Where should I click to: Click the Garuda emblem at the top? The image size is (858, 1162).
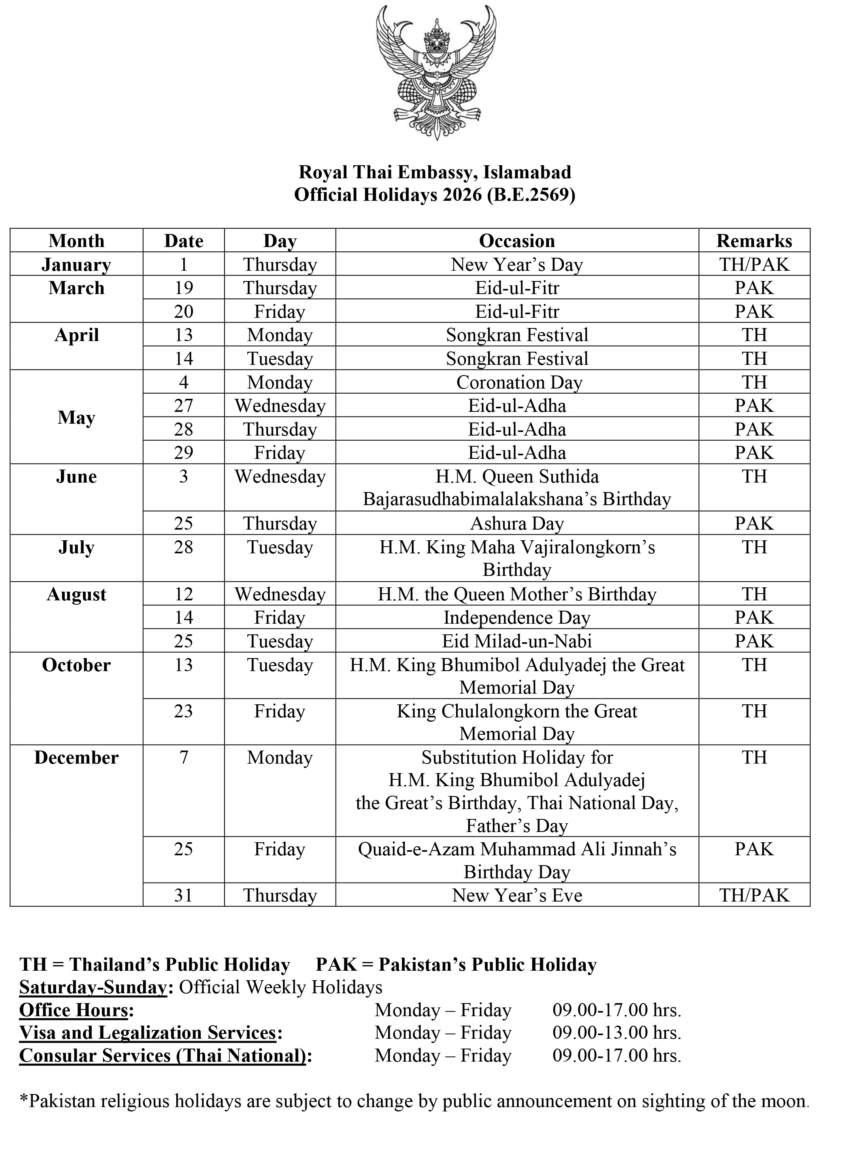(435, 73)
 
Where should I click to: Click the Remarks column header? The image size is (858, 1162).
(754, 241)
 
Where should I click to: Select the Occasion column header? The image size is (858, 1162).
(517, 241)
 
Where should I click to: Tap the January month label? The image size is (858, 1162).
(76, 264)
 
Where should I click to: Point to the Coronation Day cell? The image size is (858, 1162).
(519, 382)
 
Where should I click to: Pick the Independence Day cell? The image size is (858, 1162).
(517, 618)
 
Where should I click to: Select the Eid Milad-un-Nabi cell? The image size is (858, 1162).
(517, 641)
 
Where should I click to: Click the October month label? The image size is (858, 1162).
(76, 666)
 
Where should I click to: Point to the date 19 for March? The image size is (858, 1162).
(183, 288)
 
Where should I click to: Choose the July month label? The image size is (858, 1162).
(76, 547)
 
